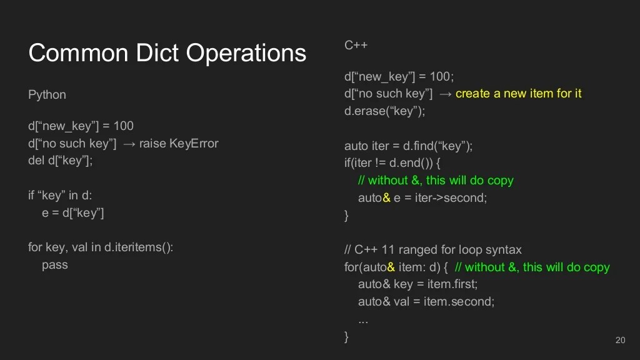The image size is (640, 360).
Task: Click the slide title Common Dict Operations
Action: [x=167, y=53]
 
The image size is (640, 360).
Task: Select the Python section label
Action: [x=47, y=95]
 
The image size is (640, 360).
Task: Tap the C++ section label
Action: [x=356, y=45]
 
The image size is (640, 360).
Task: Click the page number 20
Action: [x=620, y=340]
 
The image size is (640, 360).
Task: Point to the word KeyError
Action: [x=194, y=144]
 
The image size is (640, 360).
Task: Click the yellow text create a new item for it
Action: [x=518, y=94]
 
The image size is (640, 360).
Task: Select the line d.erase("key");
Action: [x=384, y=111]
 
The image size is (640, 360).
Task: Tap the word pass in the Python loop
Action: [x=54, y=265]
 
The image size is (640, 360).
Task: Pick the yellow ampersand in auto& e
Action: [x=386, y=198]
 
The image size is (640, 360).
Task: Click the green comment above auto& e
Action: [x=435, y=181]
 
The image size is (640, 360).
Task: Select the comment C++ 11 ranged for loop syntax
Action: [x=432, y=250]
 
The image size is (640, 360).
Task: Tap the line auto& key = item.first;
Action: [x=417, y=284]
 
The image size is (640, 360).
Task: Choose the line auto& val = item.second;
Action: [x=426, y=302]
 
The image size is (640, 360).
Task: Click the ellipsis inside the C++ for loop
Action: [x=362, y=319]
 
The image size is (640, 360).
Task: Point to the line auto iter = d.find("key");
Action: [x=408, y=146]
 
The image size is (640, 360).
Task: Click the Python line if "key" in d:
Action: [x=60, y=196]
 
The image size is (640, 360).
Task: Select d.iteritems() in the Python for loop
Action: [x=138, y=247]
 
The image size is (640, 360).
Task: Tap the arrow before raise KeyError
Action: [x=129, y=144]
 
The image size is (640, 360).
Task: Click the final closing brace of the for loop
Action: [x=347, y=337]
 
